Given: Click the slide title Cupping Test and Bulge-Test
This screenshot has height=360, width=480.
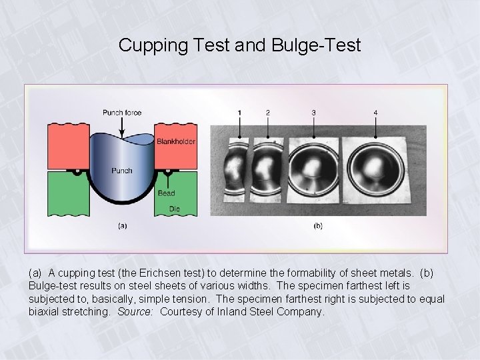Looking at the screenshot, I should click(x=239, y=45).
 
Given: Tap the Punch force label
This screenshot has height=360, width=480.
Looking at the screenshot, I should click(x=122, y=113).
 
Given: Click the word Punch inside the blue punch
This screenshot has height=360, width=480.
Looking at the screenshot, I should click(x=121, y=171).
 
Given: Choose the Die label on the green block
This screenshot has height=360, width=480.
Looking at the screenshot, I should click(x=164, y=208).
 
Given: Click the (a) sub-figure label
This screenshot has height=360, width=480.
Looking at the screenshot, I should click(x=123, y=226).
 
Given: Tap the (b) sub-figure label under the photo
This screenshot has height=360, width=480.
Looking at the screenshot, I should click(x=318, y=226).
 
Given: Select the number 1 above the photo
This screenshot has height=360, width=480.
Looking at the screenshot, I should click(x=239, y=113).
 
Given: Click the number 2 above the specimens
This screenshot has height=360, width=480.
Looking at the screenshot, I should click(x=268, y=113).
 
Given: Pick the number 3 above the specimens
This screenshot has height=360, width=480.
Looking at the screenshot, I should click(x=314, y=113).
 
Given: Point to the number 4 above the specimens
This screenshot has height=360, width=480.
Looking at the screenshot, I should click(x=375, y=113).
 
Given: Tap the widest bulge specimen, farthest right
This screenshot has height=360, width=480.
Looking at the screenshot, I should click(x=375, y=169).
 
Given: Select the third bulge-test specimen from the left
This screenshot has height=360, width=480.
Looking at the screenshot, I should click(x=313, y=170).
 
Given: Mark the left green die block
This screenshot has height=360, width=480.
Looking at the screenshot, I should click(x=67, y=193).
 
